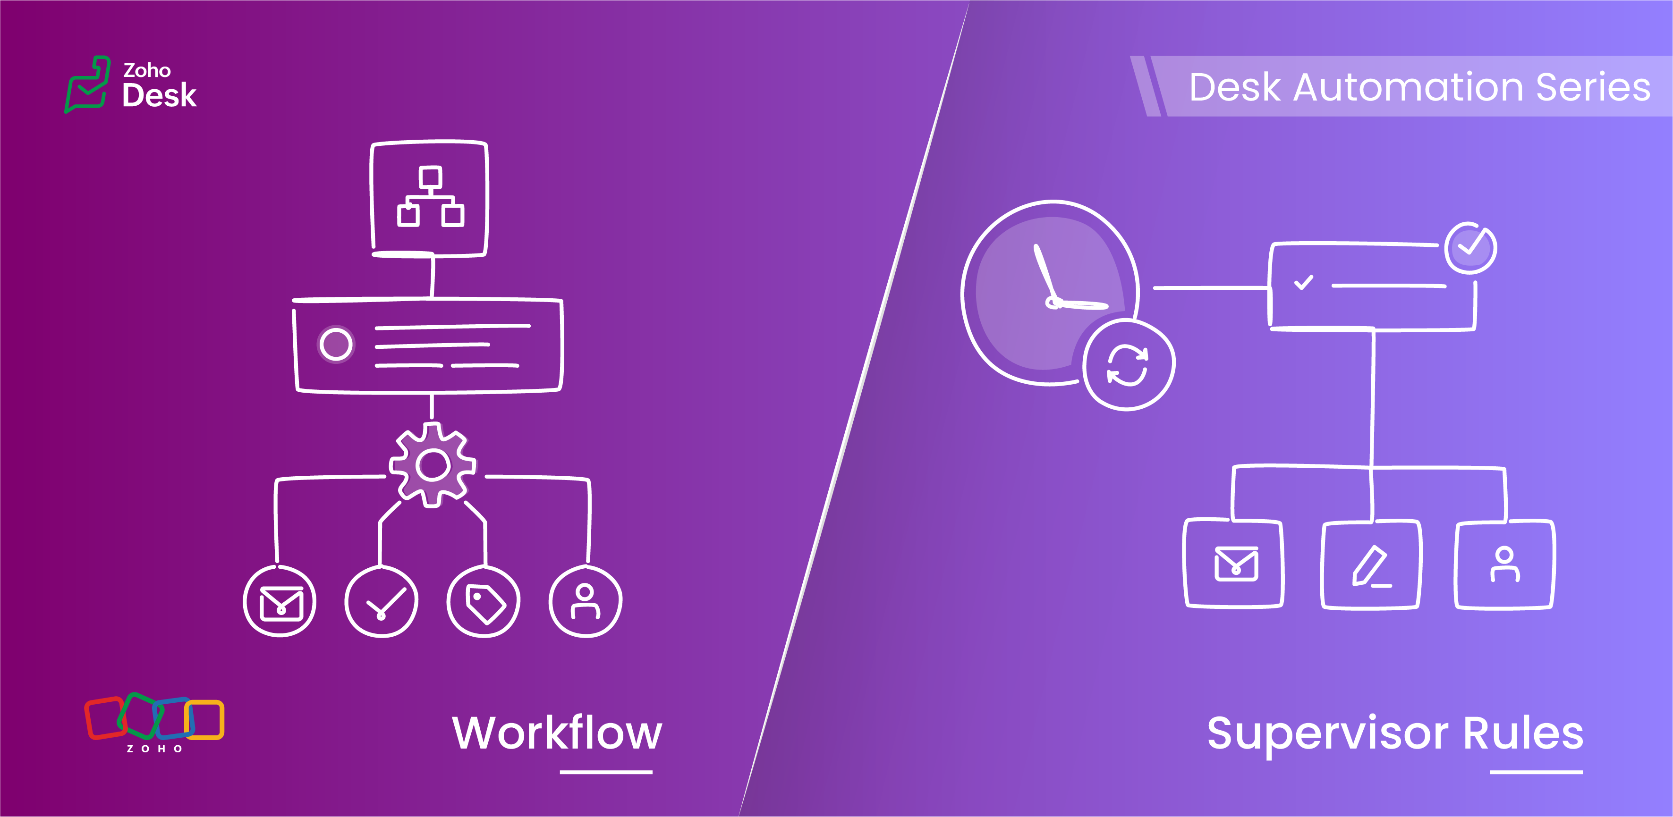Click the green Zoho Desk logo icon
coord(88,84)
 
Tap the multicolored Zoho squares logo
coord(154,722)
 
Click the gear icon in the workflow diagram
coord(433,464)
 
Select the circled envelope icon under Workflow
coord(280,602)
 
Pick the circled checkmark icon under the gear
coord(381,602)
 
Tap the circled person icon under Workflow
coord(585,602)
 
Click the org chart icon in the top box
coord(430,197)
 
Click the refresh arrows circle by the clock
coord(1128,365)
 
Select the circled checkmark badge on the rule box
coord(1471,248)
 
